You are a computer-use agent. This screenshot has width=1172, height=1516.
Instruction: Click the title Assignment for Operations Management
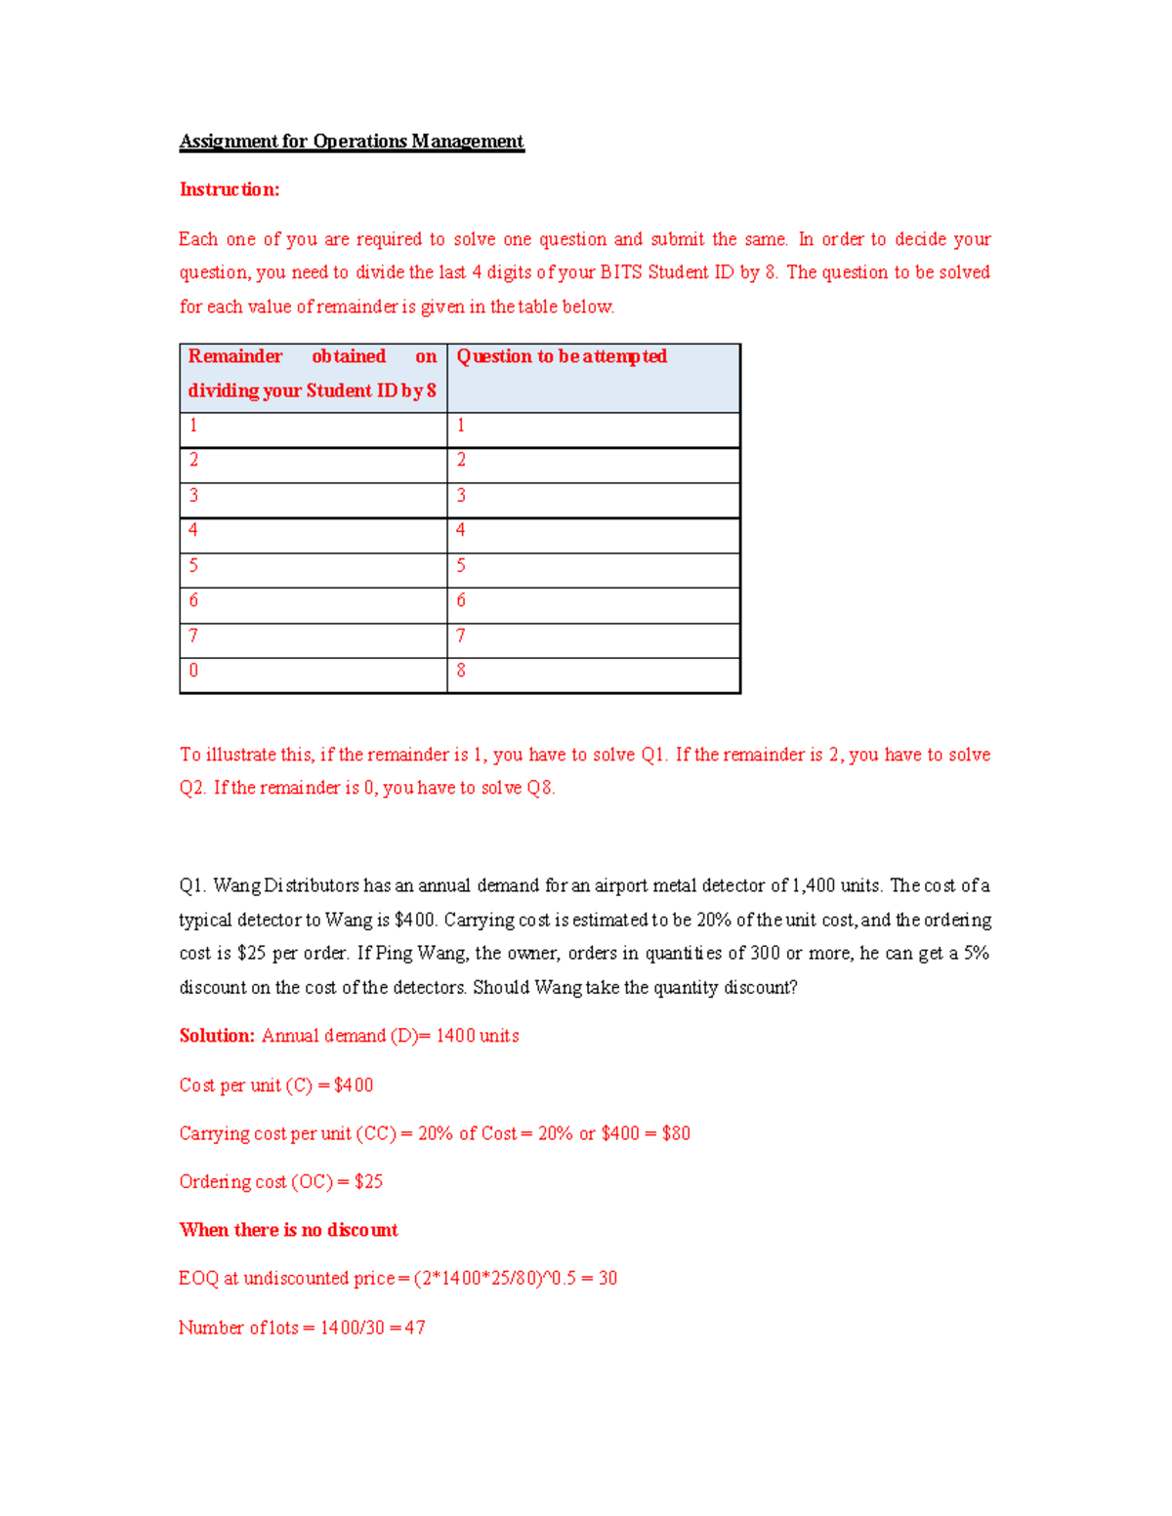352,142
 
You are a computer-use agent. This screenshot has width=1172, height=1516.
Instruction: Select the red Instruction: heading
230,189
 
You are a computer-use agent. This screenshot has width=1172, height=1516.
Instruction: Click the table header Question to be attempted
562,356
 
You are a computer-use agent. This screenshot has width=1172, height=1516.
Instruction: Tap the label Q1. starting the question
193,885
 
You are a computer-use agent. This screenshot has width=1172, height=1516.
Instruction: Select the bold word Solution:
217,1036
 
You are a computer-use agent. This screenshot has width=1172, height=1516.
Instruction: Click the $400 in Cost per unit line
354,1085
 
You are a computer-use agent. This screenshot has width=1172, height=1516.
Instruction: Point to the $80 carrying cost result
676,1133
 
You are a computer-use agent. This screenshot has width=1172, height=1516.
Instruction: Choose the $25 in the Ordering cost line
368,1181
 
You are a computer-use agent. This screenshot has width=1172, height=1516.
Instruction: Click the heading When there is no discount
288,1230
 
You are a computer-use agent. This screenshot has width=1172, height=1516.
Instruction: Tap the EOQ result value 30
607,1278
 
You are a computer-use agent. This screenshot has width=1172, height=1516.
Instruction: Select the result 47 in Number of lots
414,1328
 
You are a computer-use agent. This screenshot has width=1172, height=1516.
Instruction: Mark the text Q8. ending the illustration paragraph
540,788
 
